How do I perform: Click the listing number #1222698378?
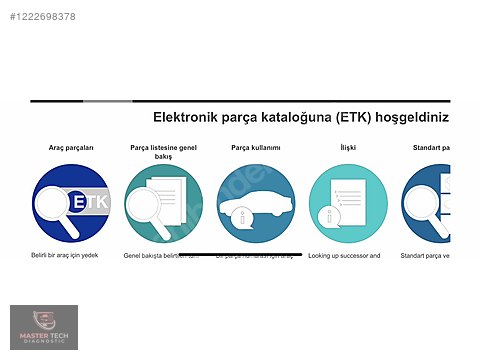click(x=40, y=17)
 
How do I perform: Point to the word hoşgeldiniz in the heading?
click(x=412, y=117)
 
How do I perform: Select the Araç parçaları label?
click(x=71, y=147)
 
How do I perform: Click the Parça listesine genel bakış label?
click(x=163, y=152)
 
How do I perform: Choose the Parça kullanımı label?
click(x=255, y=147)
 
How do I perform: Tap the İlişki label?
click(x=347, y=147)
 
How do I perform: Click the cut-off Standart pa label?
click(x=431, y=147)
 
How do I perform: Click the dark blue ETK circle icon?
click(x=71, y=203)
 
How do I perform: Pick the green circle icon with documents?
click(x=163, y=203)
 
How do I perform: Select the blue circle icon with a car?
click(x=255, y=203)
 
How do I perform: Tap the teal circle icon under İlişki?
click(x=347, y=203)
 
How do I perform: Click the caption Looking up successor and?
click(x=344, y=256)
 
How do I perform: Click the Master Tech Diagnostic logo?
click(x=43, y=328)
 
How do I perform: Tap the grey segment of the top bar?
click(x=107, y=101)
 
